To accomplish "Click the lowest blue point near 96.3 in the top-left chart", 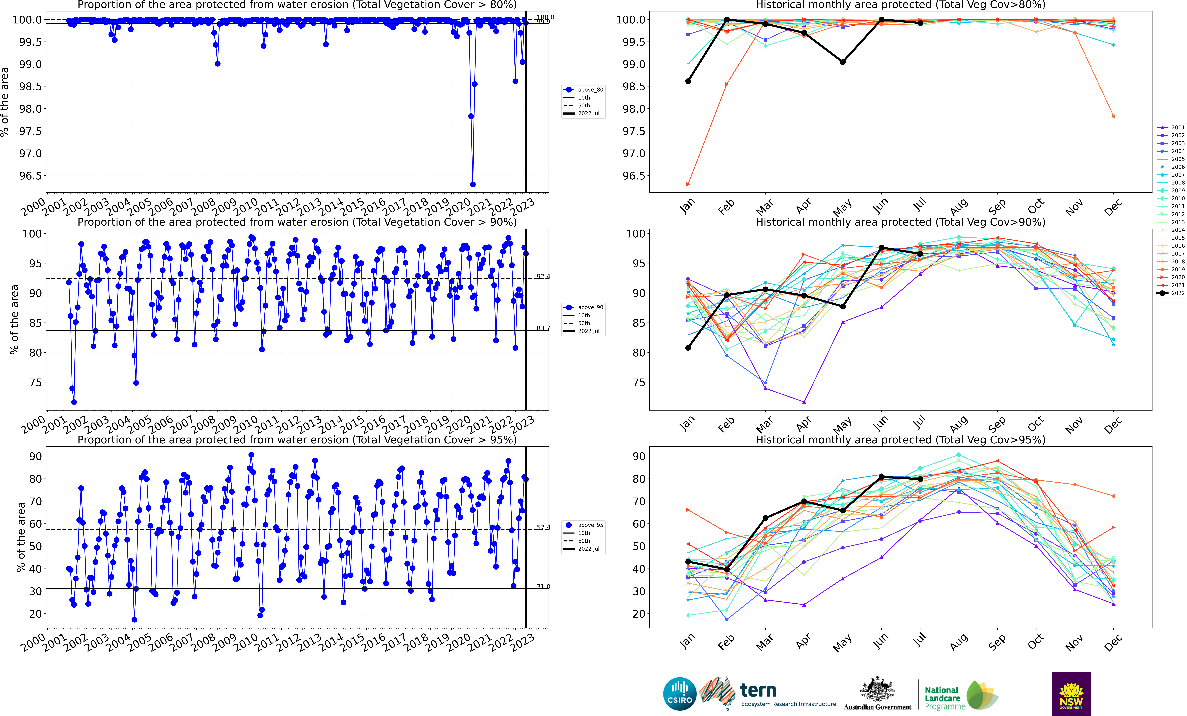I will [x=473, y=184].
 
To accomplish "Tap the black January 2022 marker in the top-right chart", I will [x=688, y=81].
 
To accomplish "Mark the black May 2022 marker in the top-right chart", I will [x=843, y=62].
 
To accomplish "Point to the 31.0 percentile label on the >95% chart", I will [x=543, y=586].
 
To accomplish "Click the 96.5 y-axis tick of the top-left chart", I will [x=30, y=176].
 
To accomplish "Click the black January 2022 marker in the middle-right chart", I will [x=688, y=348].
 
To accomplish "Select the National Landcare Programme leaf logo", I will [x=981, y=695].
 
